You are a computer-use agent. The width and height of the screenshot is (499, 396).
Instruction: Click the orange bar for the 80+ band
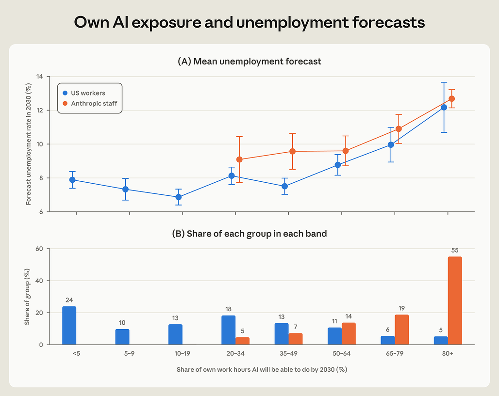point(454,301)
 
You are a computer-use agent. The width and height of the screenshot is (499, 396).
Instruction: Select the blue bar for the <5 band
point(69,325)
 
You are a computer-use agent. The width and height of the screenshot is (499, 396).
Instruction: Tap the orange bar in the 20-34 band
point(243,341)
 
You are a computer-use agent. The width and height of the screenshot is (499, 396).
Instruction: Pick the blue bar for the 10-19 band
point(175,334)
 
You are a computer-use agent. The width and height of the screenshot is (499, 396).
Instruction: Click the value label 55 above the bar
point(455,250)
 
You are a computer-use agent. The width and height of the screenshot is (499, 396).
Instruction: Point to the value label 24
point(69,300)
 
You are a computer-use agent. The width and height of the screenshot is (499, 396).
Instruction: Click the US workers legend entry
point(84,93)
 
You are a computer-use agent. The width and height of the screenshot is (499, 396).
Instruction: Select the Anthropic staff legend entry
point(90,103)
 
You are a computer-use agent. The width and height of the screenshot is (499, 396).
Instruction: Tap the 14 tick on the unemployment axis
point(40,76)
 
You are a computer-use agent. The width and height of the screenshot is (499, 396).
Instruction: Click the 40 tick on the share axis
point(39,281)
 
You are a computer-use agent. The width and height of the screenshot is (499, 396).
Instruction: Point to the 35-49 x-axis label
point(288,353)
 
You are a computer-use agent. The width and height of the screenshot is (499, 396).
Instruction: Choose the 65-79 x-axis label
point(395,353)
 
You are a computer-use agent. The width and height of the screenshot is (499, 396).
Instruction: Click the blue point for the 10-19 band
point(179,197)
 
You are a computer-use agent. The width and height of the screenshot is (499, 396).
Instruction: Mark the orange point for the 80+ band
point(451,99)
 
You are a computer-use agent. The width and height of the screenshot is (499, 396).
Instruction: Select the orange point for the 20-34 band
point(239,159)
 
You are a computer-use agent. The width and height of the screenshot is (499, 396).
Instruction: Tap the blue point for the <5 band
point(72,180)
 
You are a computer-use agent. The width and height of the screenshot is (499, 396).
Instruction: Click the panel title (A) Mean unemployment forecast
point(249,62)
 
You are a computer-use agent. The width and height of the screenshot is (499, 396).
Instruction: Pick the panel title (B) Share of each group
point(249,234)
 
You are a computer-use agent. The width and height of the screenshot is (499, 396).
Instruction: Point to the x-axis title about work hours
point(262,370)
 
